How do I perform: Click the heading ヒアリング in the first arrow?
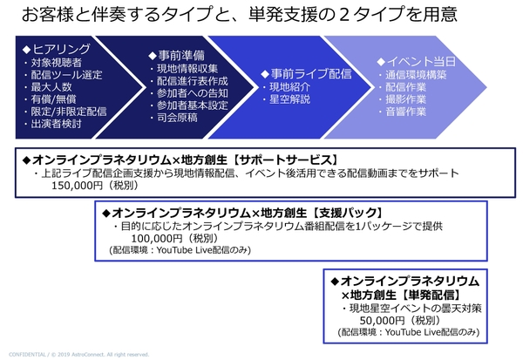(x=61, y=50)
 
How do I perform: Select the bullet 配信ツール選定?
(x=67, y=75)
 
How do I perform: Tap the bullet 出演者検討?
(x=56, y=124)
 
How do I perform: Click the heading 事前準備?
(x=181, y=56)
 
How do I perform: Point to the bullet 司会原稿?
(x=177, y=118)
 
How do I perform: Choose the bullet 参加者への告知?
(x=193, y=93)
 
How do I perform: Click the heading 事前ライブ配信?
(x=311, y=74)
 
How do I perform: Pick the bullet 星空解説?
(x=289, y=99)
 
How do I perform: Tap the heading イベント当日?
(x=421, y=62)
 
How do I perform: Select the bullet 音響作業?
(x=405, y=112)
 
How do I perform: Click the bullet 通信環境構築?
(x=416, y=75)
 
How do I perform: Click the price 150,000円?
(x=77, y=186)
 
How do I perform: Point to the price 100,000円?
(x=157, y=239)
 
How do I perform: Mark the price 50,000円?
(x=382, y=321)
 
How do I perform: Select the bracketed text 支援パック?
(x=347, y=213)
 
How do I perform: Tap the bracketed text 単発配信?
(x=431, y=295)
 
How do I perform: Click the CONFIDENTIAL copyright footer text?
(x=79, y=354)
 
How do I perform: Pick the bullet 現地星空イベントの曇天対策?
(x=415, y=309)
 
